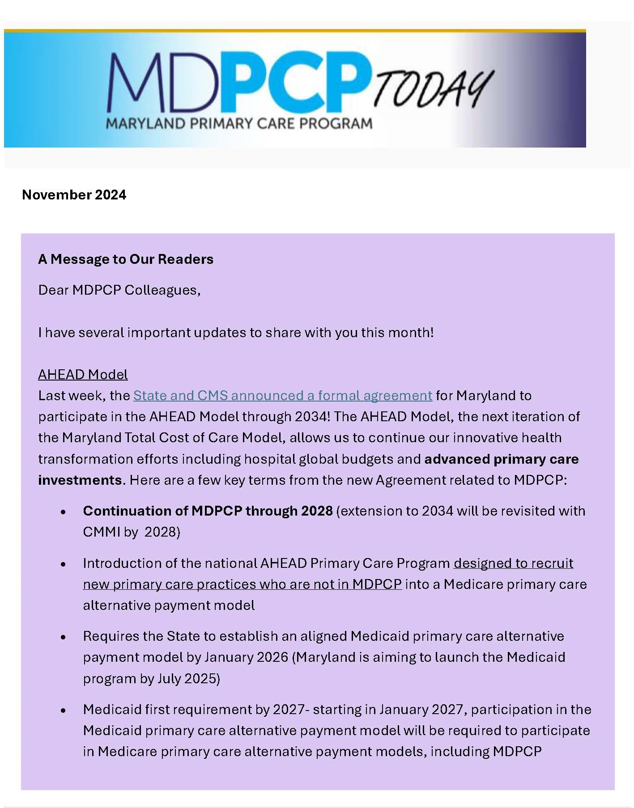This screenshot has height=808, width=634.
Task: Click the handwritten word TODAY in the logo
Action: pos(433,89)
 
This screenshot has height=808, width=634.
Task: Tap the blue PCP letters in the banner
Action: pos(295,83)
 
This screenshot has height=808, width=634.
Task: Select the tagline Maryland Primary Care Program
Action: pos(239,123)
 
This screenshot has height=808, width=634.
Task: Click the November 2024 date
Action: pos(74,195)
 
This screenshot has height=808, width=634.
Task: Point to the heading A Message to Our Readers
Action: pos(126,259)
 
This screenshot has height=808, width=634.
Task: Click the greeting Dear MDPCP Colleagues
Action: pos(119,290)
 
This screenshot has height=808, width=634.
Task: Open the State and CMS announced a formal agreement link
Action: pos(283,396)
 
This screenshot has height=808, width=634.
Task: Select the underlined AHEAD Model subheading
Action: pos(83,375)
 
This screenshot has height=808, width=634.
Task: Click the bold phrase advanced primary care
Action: pos(501,459)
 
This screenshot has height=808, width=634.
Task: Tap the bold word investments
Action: pos(80,480)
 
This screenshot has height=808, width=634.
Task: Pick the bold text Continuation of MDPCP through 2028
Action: pos(208,511)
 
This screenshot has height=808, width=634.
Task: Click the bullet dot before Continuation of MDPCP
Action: pos(64,512)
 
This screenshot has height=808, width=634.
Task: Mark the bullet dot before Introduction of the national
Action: pos(64,564)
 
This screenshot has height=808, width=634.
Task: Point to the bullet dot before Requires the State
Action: pos(64,637)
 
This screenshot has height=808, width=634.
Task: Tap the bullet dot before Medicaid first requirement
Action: pos(64,711)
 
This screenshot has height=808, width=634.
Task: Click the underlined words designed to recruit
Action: pos(513,563)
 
